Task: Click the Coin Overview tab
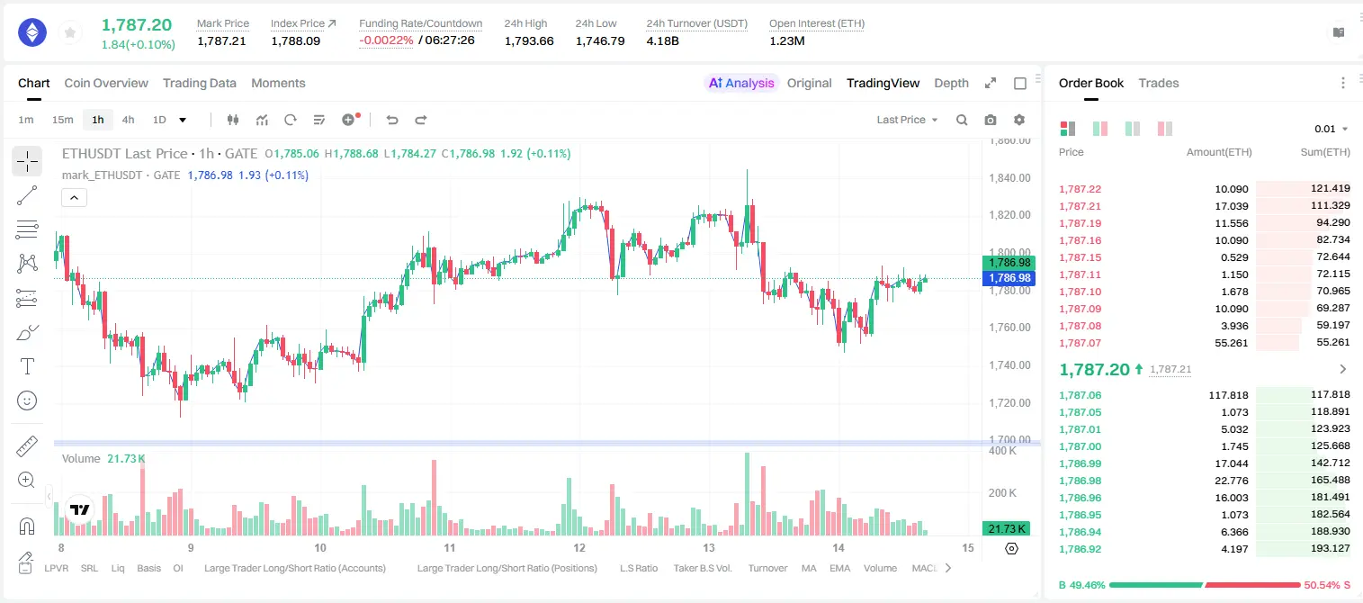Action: [106, 83]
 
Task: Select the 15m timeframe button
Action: [63, 120]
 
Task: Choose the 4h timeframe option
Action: [128, 120]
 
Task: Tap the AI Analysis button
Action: [741, 83]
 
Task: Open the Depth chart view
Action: [951, 83]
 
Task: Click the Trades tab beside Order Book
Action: [1159, 83]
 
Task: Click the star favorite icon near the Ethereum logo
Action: [70, 32]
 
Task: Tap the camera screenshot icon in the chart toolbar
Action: [991, 120]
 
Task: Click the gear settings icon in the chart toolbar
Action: [1019, 120]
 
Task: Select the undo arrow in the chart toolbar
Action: [392, 120]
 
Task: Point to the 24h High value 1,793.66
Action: [529, 40]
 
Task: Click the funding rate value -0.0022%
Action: [386, 40]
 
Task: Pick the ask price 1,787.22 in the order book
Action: [1081, 189]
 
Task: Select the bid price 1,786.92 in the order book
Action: [1081, 549]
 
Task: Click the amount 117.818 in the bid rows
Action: [1228, 395]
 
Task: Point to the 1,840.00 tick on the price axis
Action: [1010, 177]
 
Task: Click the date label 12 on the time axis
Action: [578, 547]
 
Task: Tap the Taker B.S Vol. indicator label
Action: [702, 568]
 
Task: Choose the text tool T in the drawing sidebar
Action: [27, 366]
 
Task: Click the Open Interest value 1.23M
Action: [787, 40]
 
